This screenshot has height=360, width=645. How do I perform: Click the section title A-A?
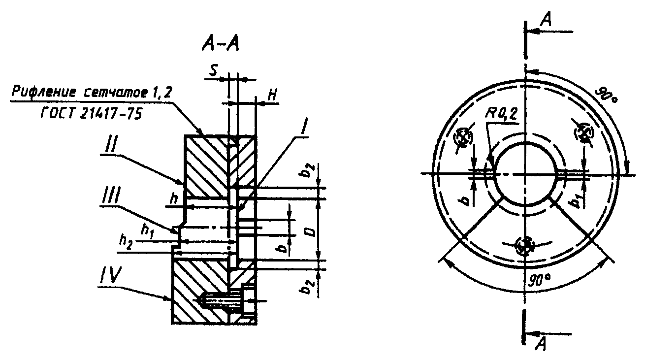(x=220, y=45)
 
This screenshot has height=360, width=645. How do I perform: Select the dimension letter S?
(x=213, y=70)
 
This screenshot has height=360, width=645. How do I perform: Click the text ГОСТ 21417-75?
(x=92, y=114)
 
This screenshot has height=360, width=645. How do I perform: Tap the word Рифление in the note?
(x=43, y=93)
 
